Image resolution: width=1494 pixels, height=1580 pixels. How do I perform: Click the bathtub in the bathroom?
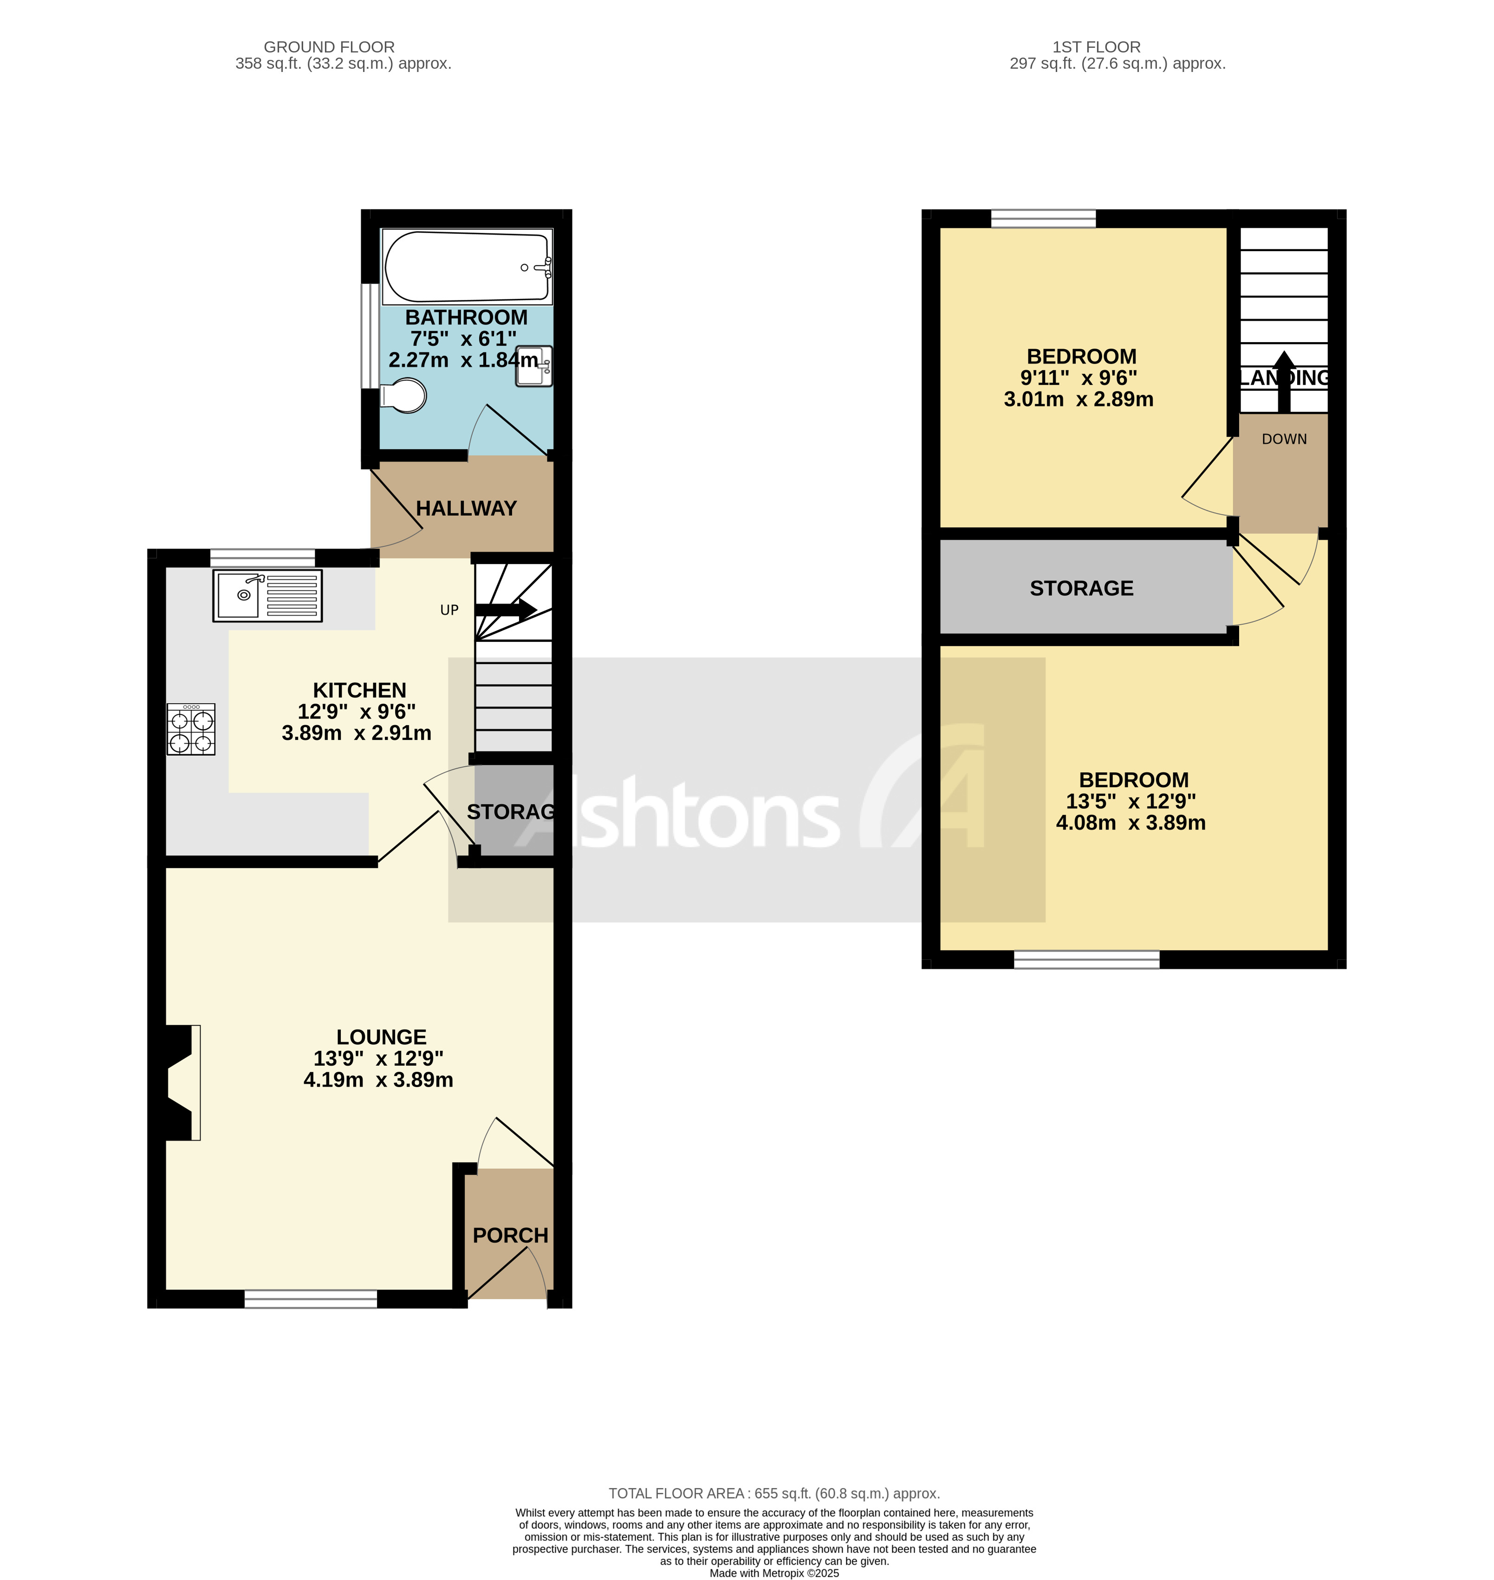[466, 267]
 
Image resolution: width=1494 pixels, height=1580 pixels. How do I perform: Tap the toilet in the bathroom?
[404, 395]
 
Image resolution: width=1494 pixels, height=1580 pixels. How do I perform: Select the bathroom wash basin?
[533, 366]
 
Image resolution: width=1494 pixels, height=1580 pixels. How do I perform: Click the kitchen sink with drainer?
[267, 595]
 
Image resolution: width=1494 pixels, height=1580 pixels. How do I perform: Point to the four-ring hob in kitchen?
[191, 729]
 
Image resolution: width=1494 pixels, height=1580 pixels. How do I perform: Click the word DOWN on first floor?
[1284, 439]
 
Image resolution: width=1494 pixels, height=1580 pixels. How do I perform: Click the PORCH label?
[511, 1235]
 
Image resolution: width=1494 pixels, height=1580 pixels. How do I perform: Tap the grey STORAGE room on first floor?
[1081, 588]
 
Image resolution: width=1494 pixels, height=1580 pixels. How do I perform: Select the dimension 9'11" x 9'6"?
[1078, 377]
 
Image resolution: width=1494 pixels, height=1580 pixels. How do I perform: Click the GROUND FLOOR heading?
[329, 47]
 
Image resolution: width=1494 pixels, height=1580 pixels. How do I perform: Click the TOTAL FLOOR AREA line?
[773, 1493]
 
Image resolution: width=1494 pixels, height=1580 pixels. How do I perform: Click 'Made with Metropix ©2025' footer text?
[773, 1573]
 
